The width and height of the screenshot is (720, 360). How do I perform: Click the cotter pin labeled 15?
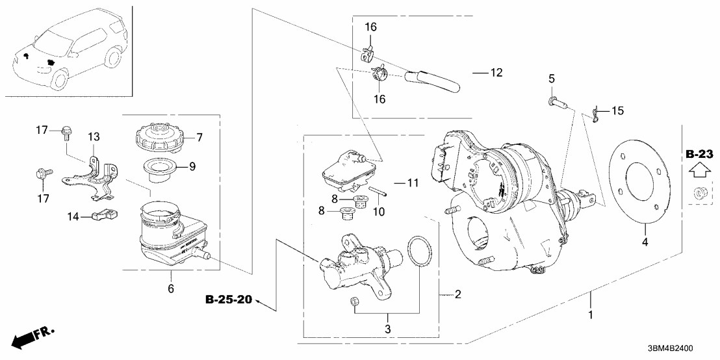click(x=599, y=115)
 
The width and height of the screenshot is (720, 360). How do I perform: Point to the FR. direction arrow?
click(x=32, y=338)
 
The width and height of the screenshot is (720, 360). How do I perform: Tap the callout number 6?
click(x=172, y=289)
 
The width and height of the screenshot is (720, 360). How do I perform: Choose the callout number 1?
click(x=590, y=315)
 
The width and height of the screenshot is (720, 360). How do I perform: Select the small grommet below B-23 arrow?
click(x=699, y=193)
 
